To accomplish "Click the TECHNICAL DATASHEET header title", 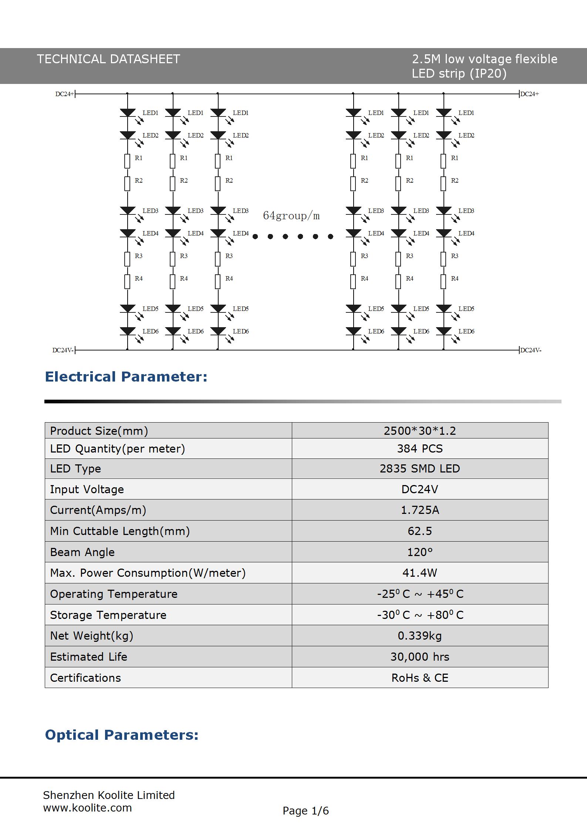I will click(108, 59).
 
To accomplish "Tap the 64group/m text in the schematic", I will click(291, 216).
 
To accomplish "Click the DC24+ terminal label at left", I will click(64, 94).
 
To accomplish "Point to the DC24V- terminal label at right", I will click(531, 350).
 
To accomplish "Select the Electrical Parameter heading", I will click(126, 377).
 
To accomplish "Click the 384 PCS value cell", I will click(420, 448).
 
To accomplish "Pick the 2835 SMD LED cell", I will click(420, 468).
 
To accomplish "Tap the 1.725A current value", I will click(420, 510).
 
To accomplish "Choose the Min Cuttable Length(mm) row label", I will click(120, 531).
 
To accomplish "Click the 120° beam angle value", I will click(420, 552).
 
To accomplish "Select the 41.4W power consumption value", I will click(420, 573).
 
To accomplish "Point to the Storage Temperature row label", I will click(108, 615).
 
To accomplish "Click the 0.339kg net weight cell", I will click(420, 636).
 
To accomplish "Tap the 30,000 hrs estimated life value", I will click(420, 657).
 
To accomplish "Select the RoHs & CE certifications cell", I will click(420, 678).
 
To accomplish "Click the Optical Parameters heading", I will click(122, 735).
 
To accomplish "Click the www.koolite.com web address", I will click(87, 808).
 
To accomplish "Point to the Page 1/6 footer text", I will click(306, 811).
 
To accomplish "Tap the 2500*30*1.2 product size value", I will click(420, 431).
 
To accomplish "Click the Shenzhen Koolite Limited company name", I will click(109, 795).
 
